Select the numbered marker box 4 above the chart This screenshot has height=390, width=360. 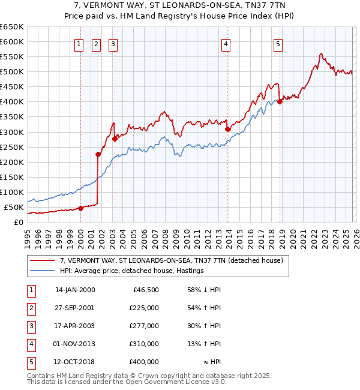226,43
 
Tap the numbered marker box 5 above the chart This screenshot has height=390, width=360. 278,43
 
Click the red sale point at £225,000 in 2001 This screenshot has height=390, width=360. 98,154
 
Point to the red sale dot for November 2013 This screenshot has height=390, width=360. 227,129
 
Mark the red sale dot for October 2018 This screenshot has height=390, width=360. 280,101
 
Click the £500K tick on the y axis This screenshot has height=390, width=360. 12,72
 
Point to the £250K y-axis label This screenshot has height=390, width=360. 12,147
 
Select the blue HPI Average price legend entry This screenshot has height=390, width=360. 131,271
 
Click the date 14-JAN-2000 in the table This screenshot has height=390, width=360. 75,290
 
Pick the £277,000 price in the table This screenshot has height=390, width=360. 143,326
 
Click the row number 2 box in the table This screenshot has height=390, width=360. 31,308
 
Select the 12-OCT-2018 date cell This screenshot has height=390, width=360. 74,362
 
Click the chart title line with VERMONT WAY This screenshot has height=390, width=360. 180,5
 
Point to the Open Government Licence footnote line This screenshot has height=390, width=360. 127,382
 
